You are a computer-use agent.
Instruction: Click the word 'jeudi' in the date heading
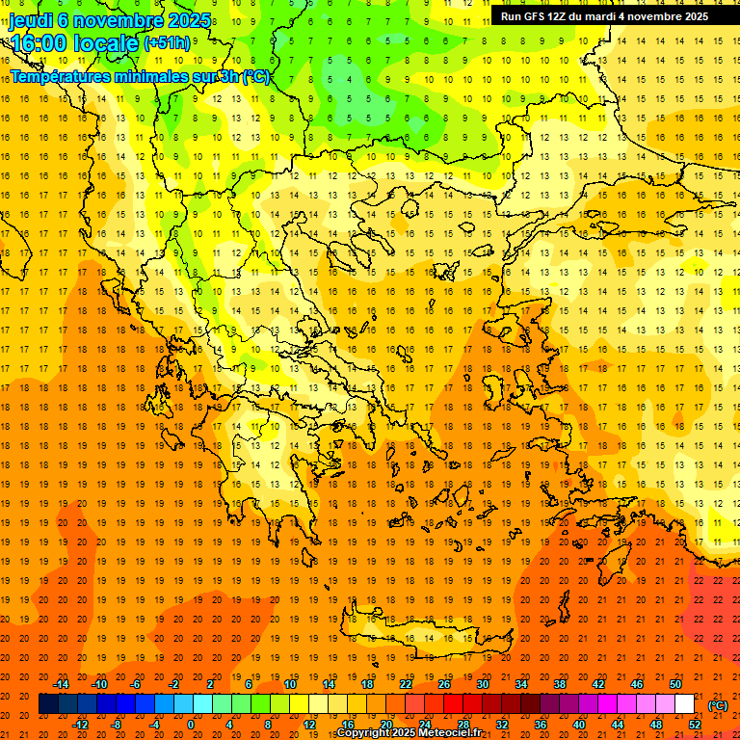[30, 20]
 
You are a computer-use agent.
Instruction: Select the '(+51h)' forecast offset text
[167, 43]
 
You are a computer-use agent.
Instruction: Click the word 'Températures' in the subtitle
[59, 76]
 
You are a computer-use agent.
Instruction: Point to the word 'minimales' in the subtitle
[148, 76]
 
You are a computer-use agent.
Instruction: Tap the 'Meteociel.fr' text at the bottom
[450, 733]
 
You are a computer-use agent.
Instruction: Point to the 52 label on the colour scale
[694, 725]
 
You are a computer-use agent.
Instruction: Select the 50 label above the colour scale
[674, 684]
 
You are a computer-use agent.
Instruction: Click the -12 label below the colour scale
[81, 725]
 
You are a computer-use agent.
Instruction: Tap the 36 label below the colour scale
[542, 725]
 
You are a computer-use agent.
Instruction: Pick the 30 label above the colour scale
[482, 684]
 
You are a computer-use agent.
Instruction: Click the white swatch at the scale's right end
[684, 704]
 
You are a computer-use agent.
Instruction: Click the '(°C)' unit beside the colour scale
[718, 705]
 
